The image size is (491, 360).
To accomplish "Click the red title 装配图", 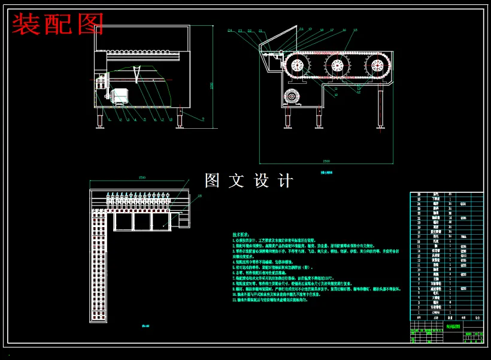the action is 58,25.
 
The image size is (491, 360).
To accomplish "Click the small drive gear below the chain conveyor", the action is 292,96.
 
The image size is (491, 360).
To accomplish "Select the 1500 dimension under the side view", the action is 326,161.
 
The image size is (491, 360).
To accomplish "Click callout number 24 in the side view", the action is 229,30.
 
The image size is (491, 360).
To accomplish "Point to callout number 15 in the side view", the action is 355,30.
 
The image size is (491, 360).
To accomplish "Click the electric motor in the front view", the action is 122,95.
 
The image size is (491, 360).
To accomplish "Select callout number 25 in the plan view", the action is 199,195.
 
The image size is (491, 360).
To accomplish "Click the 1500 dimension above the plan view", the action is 142,177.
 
